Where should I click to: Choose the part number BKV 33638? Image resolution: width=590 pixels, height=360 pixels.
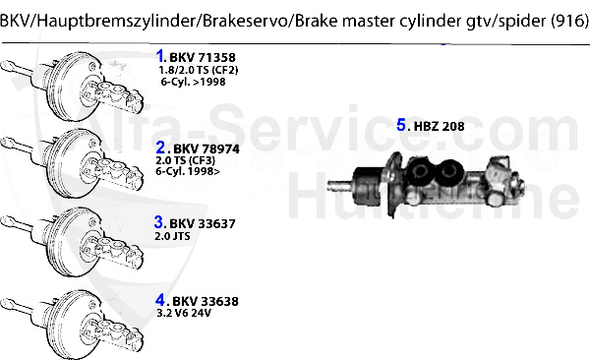coord(205,301)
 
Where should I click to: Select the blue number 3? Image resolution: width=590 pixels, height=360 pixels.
coord(159,222)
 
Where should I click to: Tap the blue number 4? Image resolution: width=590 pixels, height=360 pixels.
coord(161,300)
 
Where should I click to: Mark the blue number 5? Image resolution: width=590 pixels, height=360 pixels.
coord(401,125)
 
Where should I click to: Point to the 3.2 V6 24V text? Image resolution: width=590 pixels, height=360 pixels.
coord(183,314)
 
